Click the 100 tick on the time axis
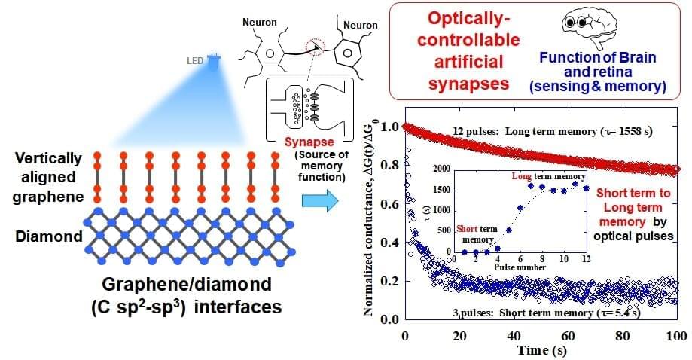(x=676, y=335)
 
